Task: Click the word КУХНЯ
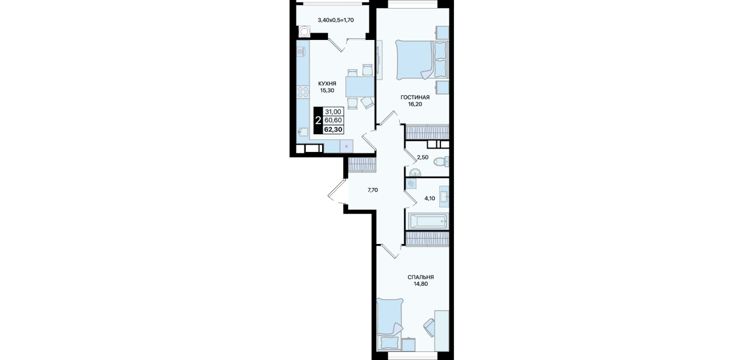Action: tap(327, 83)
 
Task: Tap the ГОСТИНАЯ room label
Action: tap(415, 98)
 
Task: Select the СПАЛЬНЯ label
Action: tap(420, 277)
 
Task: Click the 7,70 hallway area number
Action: tap(372, 190)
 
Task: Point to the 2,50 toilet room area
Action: tap(423, 158)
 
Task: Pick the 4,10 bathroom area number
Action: tap(429, 198)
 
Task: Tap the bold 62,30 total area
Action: tap(333, 129)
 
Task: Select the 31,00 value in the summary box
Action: tap(333, 112)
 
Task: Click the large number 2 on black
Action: tap(318, 120)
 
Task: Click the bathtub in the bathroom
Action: tap(427, 221)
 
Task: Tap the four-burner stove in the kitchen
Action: tap(70, 92)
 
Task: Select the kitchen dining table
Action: tap(360, 87)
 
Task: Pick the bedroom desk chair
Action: tap(430, 327)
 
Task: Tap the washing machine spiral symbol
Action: tap(411, 184)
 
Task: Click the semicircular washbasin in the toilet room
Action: tap(415, 172)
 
